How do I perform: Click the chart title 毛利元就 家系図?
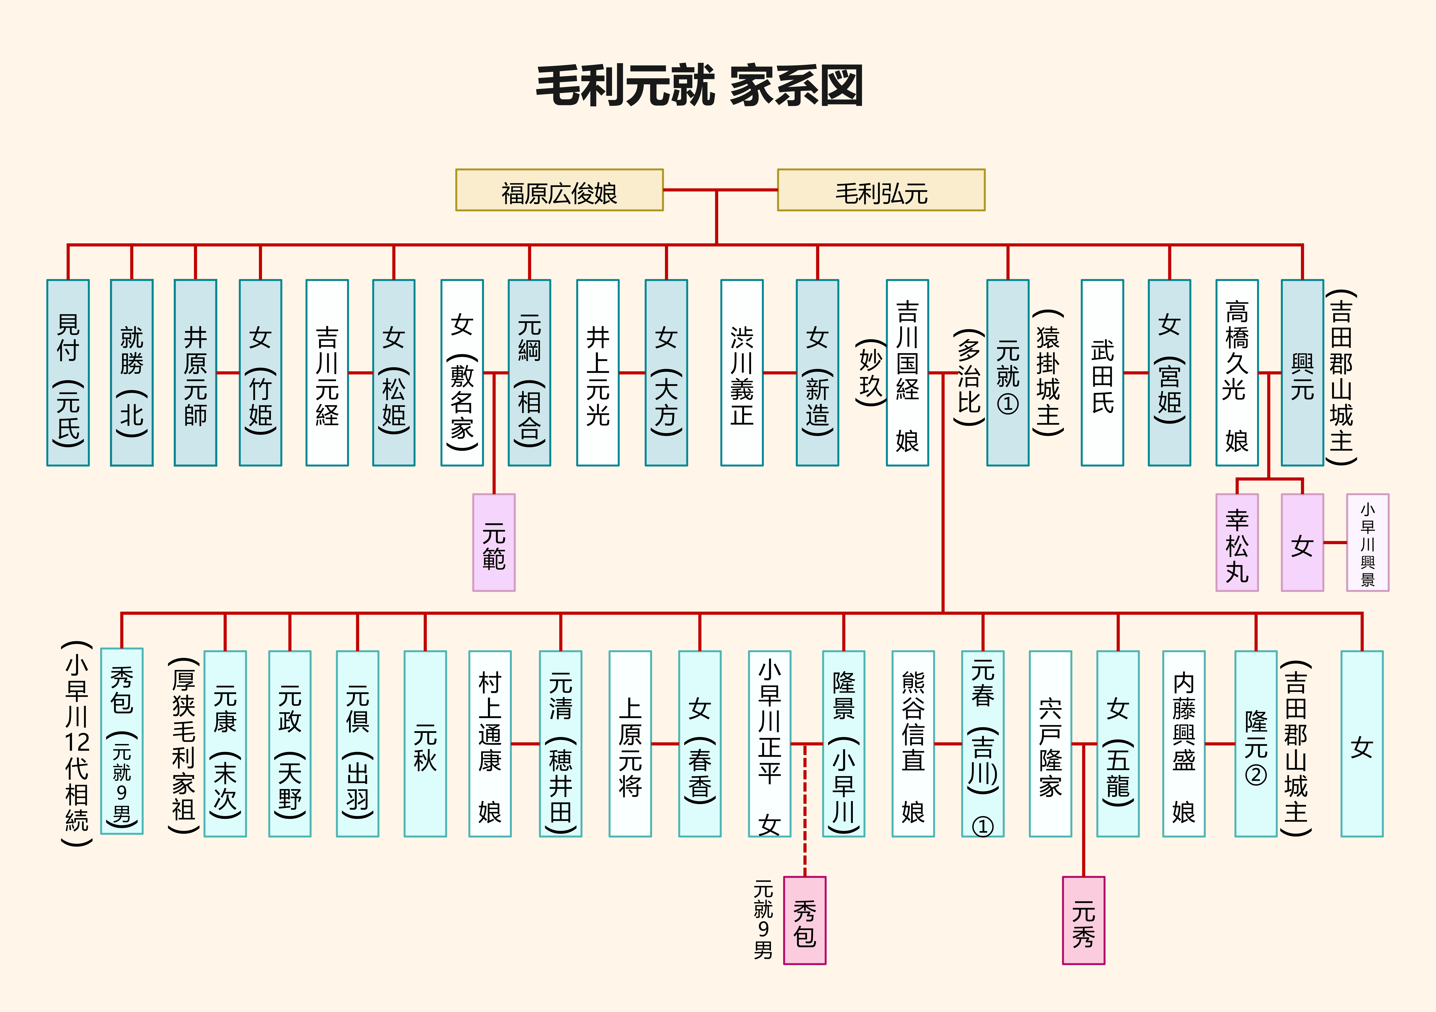(x=699, y=86)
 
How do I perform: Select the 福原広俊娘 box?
(x=559, y=190)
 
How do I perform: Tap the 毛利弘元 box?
(x=881, y=190)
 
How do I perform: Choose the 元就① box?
(x=1008, y=373)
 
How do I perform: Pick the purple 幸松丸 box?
(x=1236, y=542)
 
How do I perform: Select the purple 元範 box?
(x=493, y=542)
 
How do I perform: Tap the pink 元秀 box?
(x=1083, y=920)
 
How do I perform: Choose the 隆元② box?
(x=1255, y=744)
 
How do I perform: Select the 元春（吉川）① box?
(x=983, y=744)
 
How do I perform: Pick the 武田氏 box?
(x=1102, y=373)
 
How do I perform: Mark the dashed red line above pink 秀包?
(x=805, y=813)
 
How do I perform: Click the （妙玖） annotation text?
(x=871, y=373)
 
